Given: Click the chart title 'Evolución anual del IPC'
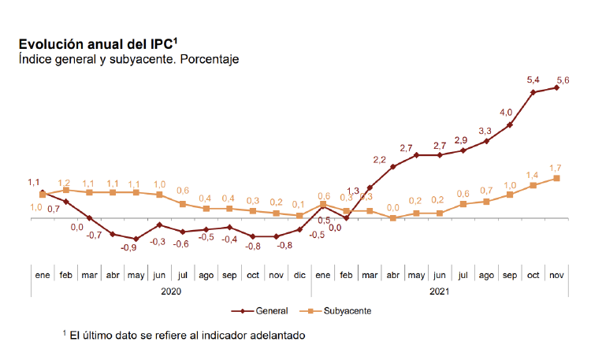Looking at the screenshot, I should tap(102, 44).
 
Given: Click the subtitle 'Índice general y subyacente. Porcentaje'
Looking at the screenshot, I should tap(128, 59).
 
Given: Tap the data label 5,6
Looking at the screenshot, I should tap(563, 79).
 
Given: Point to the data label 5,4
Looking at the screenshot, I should tap(533, 80).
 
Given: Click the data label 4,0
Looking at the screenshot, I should tap(506, 112).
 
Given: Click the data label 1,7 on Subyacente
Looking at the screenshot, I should tap(555, 168).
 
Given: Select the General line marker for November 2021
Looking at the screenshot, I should tap(557, 87).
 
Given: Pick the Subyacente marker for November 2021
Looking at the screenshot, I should tap(557, 178).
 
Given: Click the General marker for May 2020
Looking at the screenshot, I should tap(136, 239).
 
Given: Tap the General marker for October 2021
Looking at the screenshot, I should tap(533, 92).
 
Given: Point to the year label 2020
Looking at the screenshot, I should tap(171, 291).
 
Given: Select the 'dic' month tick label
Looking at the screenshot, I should tap(299, 275).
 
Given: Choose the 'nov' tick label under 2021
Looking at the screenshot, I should tap(556, 275).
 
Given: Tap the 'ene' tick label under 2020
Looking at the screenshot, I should tap(43, 275).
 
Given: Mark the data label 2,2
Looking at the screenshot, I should tap(380, 160).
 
